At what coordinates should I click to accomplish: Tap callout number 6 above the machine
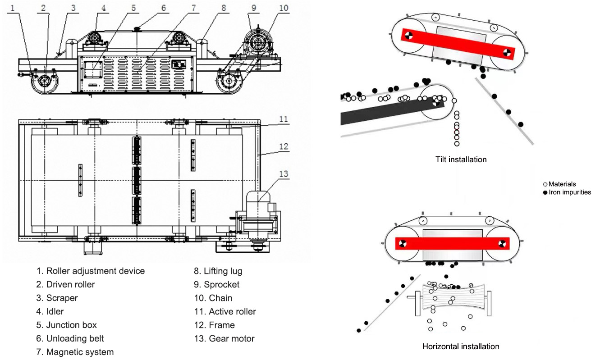click(164, 8)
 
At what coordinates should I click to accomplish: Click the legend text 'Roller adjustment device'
click(96, 271)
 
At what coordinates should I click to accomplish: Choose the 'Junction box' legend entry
click(71, 325)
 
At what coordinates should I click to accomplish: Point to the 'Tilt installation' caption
click(461, 159)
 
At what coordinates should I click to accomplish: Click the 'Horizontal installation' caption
click(461, 346)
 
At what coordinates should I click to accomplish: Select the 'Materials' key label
click(562, 184)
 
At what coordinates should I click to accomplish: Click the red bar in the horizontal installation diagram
click(452, 243)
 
